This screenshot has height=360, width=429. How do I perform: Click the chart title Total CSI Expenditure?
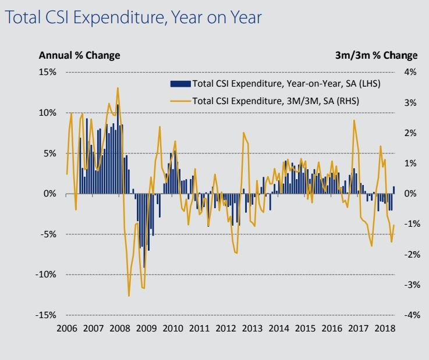click(x=132, y=17)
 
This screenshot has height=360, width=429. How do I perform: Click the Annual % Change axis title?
click(x=79, y=55)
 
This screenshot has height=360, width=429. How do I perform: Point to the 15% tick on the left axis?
click(x=48, y=72)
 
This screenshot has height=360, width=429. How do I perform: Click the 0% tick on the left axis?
click(x=50, y=194)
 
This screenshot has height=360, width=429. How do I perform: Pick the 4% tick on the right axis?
click(x=410, y=72)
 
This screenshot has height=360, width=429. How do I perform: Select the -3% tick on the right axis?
click(x=409, y=284)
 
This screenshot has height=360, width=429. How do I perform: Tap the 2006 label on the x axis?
click(x=67, y=328)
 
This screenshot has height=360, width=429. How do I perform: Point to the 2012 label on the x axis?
click(x=225, y=328)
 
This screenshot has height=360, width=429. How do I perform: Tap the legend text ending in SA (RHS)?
click(x=275, y=101)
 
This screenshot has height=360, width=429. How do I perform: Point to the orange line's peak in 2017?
click(x=354, y=121)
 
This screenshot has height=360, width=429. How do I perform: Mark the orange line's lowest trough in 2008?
click(x=129, y=295)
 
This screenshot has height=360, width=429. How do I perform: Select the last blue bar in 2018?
click(x=394, y=190)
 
